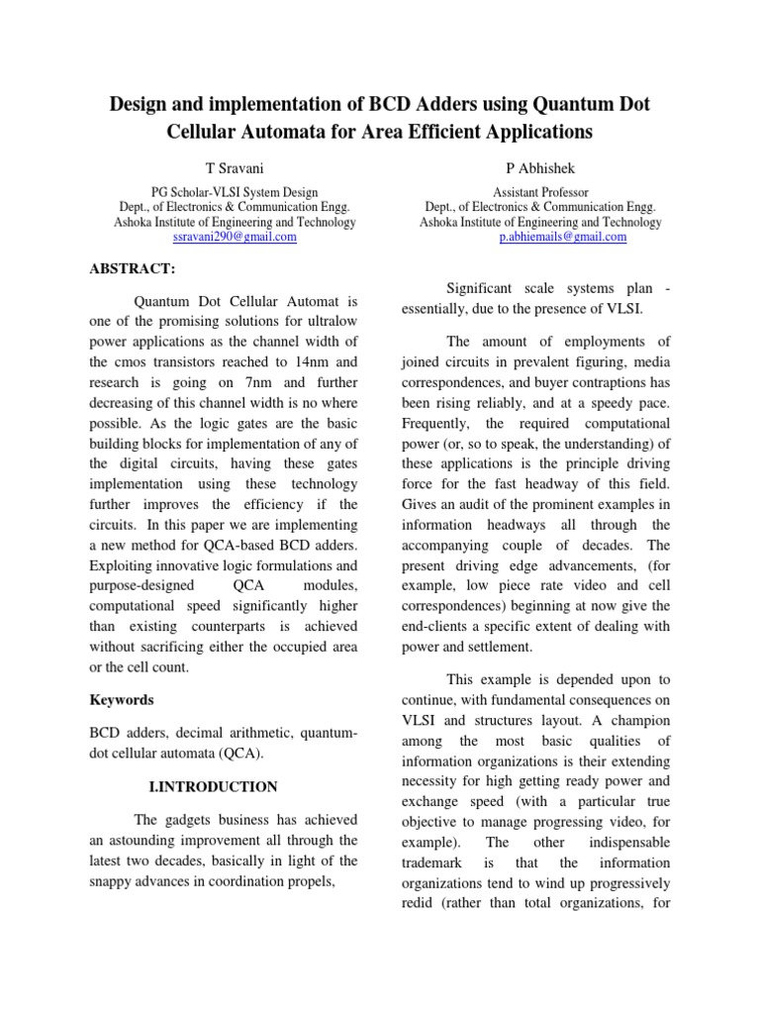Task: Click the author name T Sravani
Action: coord(235,168)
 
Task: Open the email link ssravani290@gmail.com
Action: coord(235,238)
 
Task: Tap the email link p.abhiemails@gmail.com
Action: coord(563,238)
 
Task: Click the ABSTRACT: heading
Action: coord(133,268)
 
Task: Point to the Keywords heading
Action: coord(122,699)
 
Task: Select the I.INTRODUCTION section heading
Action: coord(213,787)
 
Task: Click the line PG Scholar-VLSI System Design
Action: coord(235,192)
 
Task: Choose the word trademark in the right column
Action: coord(435,863)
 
